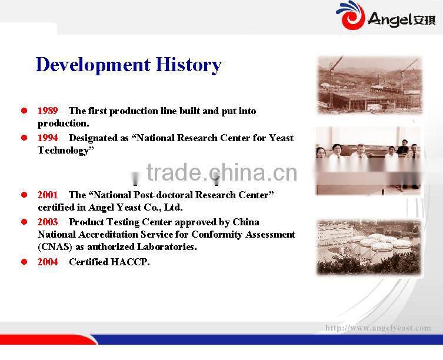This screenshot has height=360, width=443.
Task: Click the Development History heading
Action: (x=128, y=64)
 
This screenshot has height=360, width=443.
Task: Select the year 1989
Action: (x=48, y=111)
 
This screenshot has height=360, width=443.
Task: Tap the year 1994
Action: (x=48, y=138)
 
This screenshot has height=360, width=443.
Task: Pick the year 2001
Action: (x=48, y=195)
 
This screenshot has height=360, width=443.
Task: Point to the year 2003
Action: (x=48, y=222)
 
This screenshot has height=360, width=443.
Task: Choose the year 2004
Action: (x=48, y=262)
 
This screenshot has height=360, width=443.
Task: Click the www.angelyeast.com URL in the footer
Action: (x=378, y=328)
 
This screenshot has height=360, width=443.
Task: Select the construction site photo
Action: (x=369, y=85)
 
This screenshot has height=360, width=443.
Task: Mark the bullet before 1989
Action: (x=24, y=111)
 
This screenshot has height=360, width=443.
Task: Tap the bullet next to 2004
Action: (x=24, y=262)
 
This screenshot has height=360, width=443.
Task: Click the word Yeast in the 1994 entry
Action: (x=281, y=138)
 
